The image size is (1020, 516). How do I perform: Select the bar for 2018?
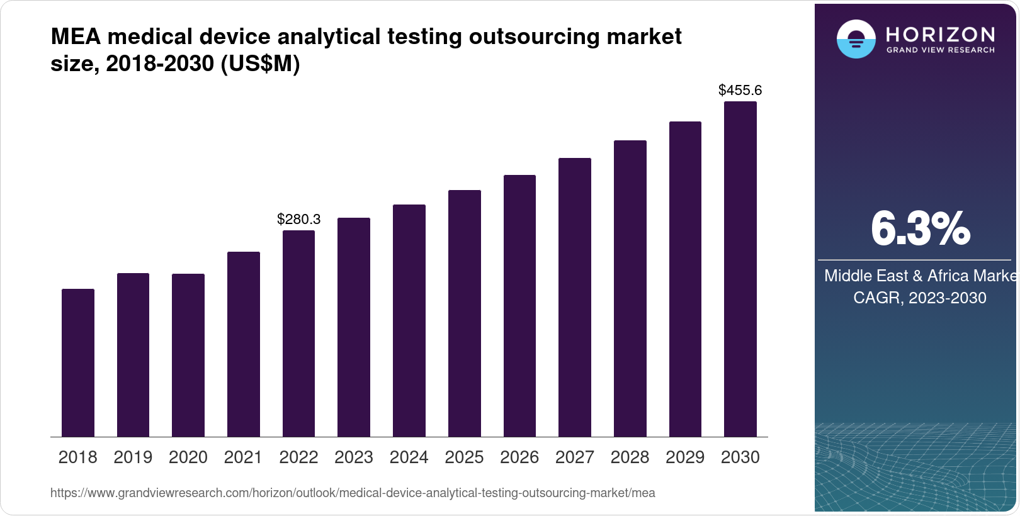tap(78, 363)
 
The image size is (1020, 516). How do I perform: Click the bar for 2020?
tap(188, 356)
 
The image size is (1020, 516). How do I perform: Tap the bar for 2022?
tap(298, 334)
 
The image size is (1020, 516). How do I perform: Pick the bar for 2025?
tap(465, 313)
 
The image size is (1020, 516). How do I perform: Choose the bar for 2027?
tap(575, 298)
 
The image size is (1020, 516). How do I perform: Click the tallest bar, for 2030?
tap(740, 269)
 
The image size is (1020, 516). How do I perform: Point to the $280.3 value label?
tap(299, 219)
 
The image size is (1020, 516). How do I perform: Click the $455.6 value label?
tap(740, 90)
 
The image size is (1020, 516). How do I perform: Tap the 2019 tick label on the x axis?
tap(133, 457)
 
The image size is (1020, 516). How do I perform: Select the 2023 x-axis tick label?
tap(354, 457)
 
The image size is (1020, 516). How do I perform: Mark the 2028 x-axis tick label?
tap(630, 457)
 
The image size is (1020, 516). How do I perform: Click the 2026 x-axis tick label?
tap(519, 457)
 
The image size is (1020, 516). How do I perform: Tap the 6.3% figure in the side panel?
tap(920, 229)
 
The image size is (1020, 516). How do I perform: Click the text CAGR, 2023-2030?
tap(920, 298)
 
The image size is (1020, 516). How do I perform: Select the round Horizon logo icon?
tap(856, 39)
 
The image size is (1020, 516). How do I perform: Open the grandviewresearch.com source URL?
tap(353, 493)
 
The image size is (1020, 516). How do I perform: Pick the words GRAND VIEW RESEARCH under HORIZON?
tap(941, 50)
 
